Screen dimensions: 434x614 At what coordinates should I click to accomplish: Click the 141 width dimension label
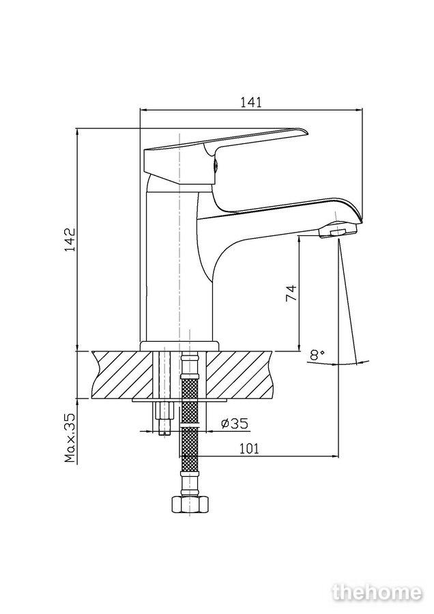tap(250, 102)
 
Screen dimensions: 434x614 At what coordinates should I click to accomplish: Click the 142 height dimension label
tap(70, 239)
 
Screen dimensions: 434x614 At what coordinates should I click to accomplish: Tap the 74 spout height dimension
tap(291, 293)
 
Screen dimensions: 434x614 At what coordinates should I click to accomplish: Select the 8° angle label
tap(317, 355)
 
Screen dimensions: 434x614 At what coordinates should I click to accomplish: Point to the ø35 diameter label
tap(234, 423)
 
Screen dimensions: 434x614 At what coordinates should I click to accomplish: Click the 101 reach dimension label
tap(249, 448)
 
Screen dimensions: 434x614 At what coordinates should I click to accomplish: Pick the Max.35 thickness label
tap(70, 438)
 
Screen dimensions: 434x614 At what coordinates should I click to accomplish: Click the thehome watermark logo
tap(377, 592)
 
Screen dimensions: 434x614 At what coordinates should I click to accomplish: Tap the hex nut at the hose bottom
tap(190, 504)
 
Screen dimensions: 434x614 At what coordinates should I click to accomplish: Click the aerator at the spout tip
tap(338, 231)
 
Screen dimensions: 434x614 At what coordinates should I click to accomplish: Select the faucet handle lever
tap(225, 156)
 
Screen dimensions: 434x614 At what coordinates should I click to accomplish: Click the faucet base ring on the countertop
tap(179, 346)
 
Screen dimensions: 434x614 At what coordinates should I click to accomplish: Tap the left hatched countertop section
tap(122, 375)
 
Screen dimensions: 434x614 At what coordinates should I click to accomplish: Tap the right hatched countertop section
tap(239, 375)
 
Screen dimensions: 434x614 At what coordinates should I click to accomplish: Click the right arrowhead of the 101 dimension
tap(335, 456)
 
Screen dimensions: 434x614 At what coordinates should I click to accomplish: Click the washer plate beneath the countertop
tap(179, 400)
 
